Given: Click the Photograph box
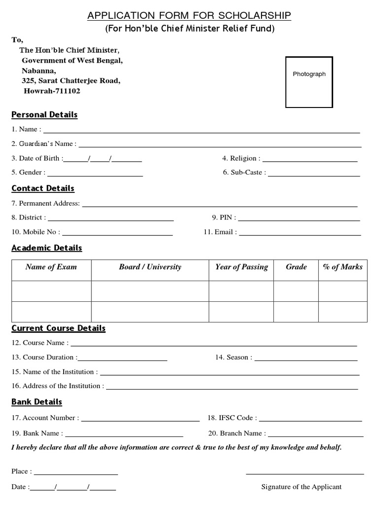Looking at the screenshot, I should click(x=309, y=82).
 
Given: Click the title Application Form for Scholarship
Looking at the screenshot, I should click(x=189, y=16).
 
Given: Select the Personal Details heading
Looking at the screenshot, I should click(x=44, y=115).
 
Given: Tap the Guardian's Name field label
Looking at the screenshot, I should click(x=44, y=144).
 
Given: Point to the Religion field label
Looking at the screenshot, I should click(x=241, y=158).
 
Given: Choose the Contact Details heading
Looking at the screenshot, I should click(x=43, y=188).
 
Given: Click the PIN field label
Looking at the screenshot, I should click(x=224, y=217).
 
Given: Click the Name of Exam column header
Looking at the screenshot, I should click(x=51, y=267).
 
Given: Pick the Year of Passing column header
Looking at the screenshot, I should click(x=241, y=267).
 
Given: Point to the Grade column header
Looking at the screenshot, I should click(x=296, y=267).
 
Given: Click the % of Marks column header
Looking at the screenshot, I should click(x=342, y=267).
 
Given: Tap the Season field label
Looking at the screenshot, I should click(x=233, y=357).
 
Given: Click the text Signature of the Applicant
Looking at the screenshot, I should click(x=301, y=487).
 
